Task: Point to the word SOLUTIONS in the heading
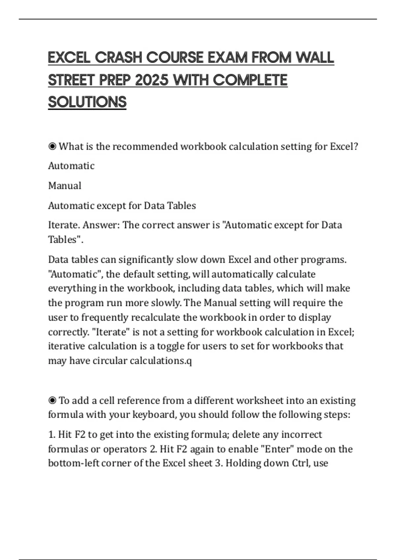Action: click(87, 102)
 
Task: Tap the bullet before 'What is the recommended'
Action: click(52, 146)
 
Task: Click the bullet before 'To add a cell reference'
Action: click(52, 401)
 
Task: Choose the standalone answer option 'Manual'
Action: click(65, 186)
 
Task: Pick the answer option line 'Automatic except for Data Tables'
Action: click(122, 206)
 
